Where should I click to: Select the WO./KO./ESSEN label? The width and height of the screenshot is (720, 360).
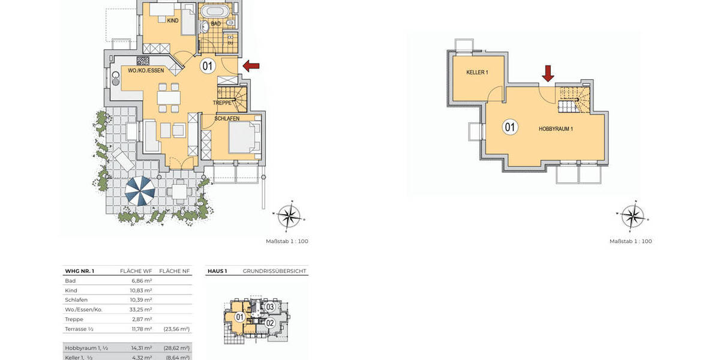coord(146,70)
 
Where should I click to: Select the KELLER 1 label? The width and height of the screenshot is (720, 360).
coord(477,72)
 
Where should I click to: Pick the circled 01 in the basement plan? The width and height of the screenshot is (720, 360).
coord(509,127)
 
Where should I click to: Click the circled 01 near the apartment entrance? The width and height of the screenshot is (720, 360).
coord(207,66)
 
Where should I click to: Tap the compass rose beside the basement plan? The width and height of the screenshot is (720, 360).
coord(631,217)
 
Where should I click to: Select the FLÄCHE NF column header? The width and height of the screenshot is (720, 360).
coord(176,271)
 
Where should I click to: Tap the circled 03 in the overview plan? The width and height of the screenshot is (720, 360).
coord(270,307)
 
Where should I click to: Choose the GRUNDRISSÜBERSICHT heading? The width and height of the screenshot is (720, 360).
coord(275,271)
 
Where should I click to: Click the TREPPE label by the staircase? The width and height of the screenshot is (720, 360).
coord(223,103)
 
